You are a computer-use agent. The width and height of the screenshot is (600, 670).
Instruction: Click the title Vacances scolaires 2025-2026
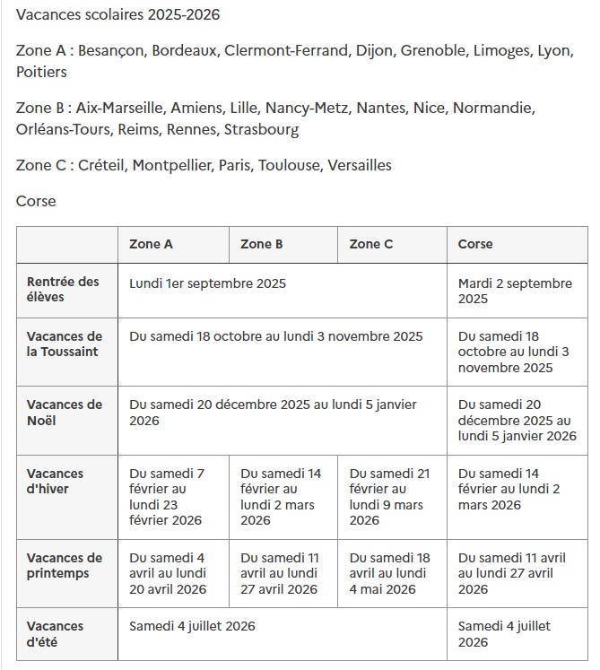(x=117, y=15)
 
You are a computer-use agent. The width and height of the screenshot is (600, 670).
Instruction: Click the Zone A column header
(x=151, y=244)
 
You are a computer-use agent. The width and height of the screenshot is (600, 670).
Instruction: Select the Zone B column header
(x=262, y=244)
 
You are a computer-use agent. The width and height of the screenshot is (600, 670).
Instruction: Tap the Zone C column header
(x=371, y=244)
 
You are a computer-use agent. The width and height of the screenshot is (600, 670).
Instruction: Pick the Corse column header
(x=475, y=244)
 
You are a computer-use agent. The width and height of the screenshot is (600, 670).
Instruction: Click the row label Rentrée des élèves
(x=63, y=289)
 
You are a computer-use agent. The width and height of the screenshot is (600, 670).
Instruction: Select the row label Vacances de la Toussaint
(x=65, y=344)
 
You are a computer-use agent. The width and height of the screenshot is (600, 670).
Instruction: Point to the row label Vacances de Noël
(x=65, y=413)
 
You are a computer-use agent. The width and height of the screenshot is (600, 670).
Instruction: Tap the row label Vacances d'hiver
(x=56, y=481)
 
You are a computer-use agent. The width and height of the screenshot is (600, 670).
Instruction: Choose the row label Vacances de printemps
(x=65, y=565)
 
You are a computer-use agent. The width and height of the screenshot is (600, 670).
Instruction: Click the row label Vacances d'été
(x=56, y=633)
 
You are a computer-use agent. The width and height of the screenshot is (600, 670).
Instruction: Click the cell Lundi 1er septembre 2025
(x=208, y=283)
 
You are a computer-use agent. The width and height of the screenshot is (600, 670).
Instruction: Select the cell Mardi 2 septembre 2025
(x=515, y=291)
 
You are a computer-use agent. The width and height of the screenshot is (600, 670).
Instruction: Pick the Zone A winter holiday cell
(x=168, y=497)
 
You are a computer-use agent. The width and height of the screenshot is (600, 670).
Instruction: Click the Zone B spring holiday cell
(x=279, y=573)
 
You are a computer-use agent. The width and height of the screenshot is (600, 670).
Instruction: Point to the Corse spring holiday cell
(x=512, y=573)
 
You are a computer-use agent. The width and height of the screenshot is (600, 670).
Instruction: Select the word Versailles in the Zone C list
(x=360, y=165)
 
